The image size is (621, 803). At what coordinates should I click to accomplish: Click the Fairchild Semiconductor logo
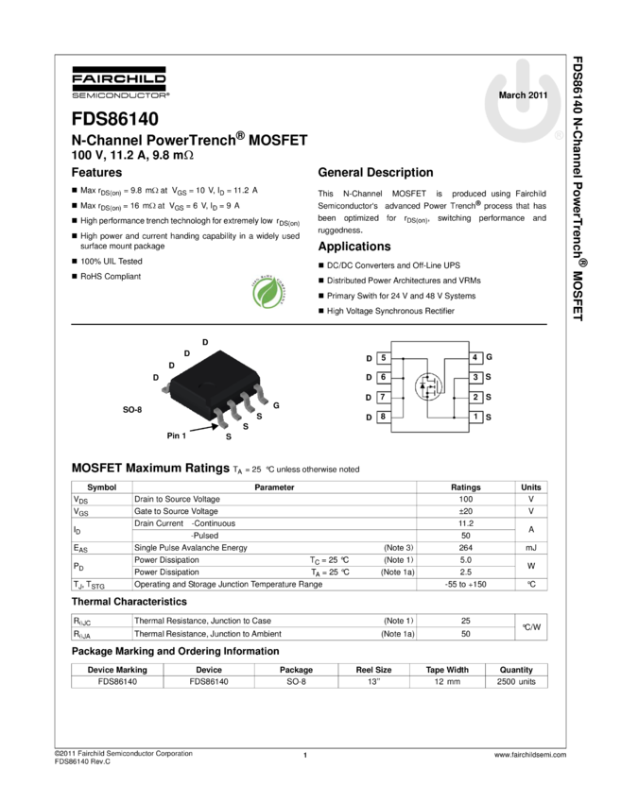click(x=120, y=83)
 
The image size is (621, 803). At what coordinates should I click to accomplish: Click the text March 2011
click(x=523, y=95)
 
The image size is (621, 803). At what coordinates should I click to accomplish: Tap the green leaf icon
click(x=268, y=292)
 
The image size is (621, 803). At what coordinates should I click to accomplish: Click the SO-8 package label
click(x=132, y=412)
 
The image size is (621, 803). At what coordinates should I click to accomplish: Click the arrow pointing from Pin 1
click(x=203, y=430)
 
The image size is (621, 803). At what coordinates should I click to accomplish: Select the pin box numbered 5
click(x=383, y=358)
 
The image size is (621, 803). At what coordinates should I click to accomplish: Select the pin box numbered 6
click(x=383, y=378)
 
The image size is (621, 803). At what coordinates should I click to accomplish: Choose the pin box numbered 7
click(x=383, y=397)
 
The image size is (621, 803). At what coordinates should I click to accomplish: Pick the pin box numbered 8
click(x=383, y=417)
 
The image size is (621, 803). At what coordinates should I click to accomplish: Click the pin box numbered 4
click(x=476, y=358)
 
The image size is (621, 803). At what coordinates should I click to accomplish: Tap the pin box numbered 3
click(x=476, y=378)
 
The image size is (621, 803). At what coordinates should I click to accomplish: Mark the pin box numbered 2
click(x=476, y=397)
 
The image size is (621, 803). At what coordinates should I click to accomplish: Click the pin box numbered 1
click(x=476, y=417)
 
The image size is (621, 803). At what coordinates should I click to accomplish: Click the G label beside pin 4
click(x=489, y=358)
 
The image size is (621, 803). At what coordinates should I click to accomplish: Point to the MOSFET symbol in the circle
click(x=429, y=386)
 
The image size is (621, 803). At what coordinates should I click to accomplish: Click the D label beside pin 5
click(x=370, y=359)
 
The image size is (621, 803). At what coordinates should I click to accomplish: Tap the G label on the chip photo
click(x=276, y=405)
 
